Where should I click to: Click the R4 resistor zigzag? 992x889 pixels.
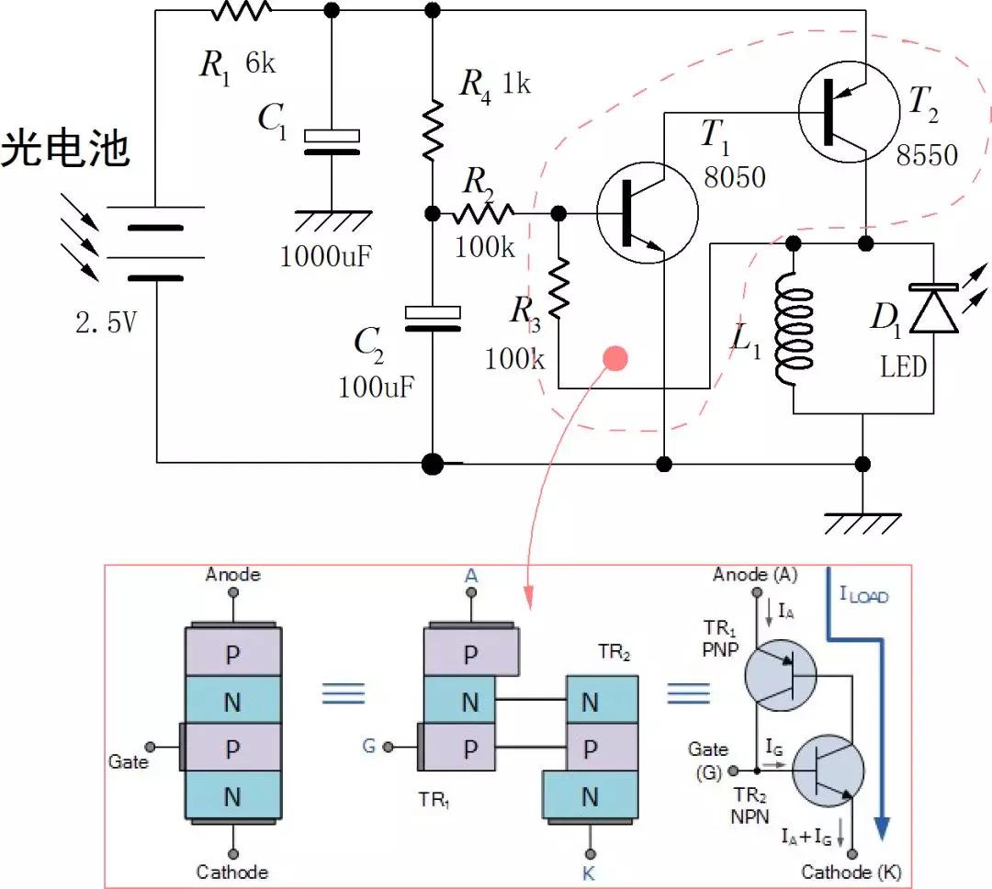[432, 131]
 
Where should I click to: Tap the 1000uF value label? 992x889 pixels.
[326, 255]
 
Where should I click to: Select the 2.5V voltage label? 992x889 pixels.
[108, 322]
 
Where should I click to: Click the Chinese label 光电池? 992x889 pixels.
[64, 149]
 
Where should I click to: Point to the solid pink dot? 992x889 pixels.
[614, 358]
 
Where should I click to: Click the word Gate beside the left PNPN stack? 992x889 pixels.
[129, 761]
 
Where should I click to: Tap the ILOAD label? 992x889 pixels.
[864, 594]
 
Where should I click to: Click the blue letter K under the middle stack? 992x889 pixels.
[589, 873]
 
